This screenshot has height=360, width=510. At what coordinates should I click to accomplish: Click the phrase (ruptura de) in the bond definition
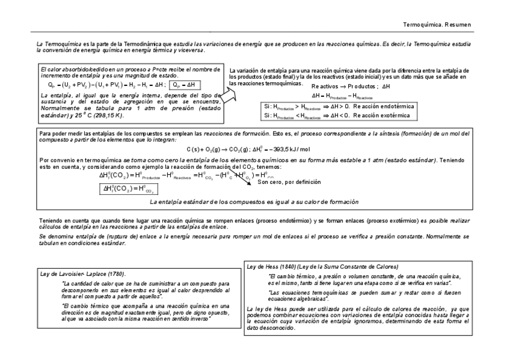(103, 237)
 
